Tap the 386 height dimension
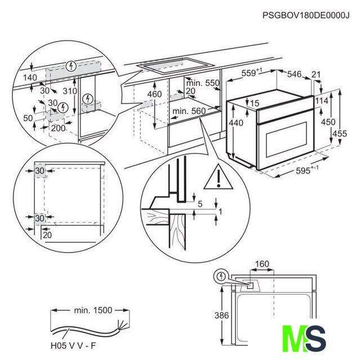tap(221, 316)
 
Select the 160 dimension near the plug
tap(262, 264)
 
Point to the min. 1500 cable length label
tap(93, 309)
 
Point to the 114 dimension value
tap(322, 101)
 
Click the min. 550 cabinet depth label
tap(203, 83)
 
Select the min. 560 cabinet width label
tap(189, 111)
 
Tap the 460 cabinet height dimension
tap(154, 93)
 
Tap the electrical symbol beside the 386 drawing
tap(221, 277)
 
